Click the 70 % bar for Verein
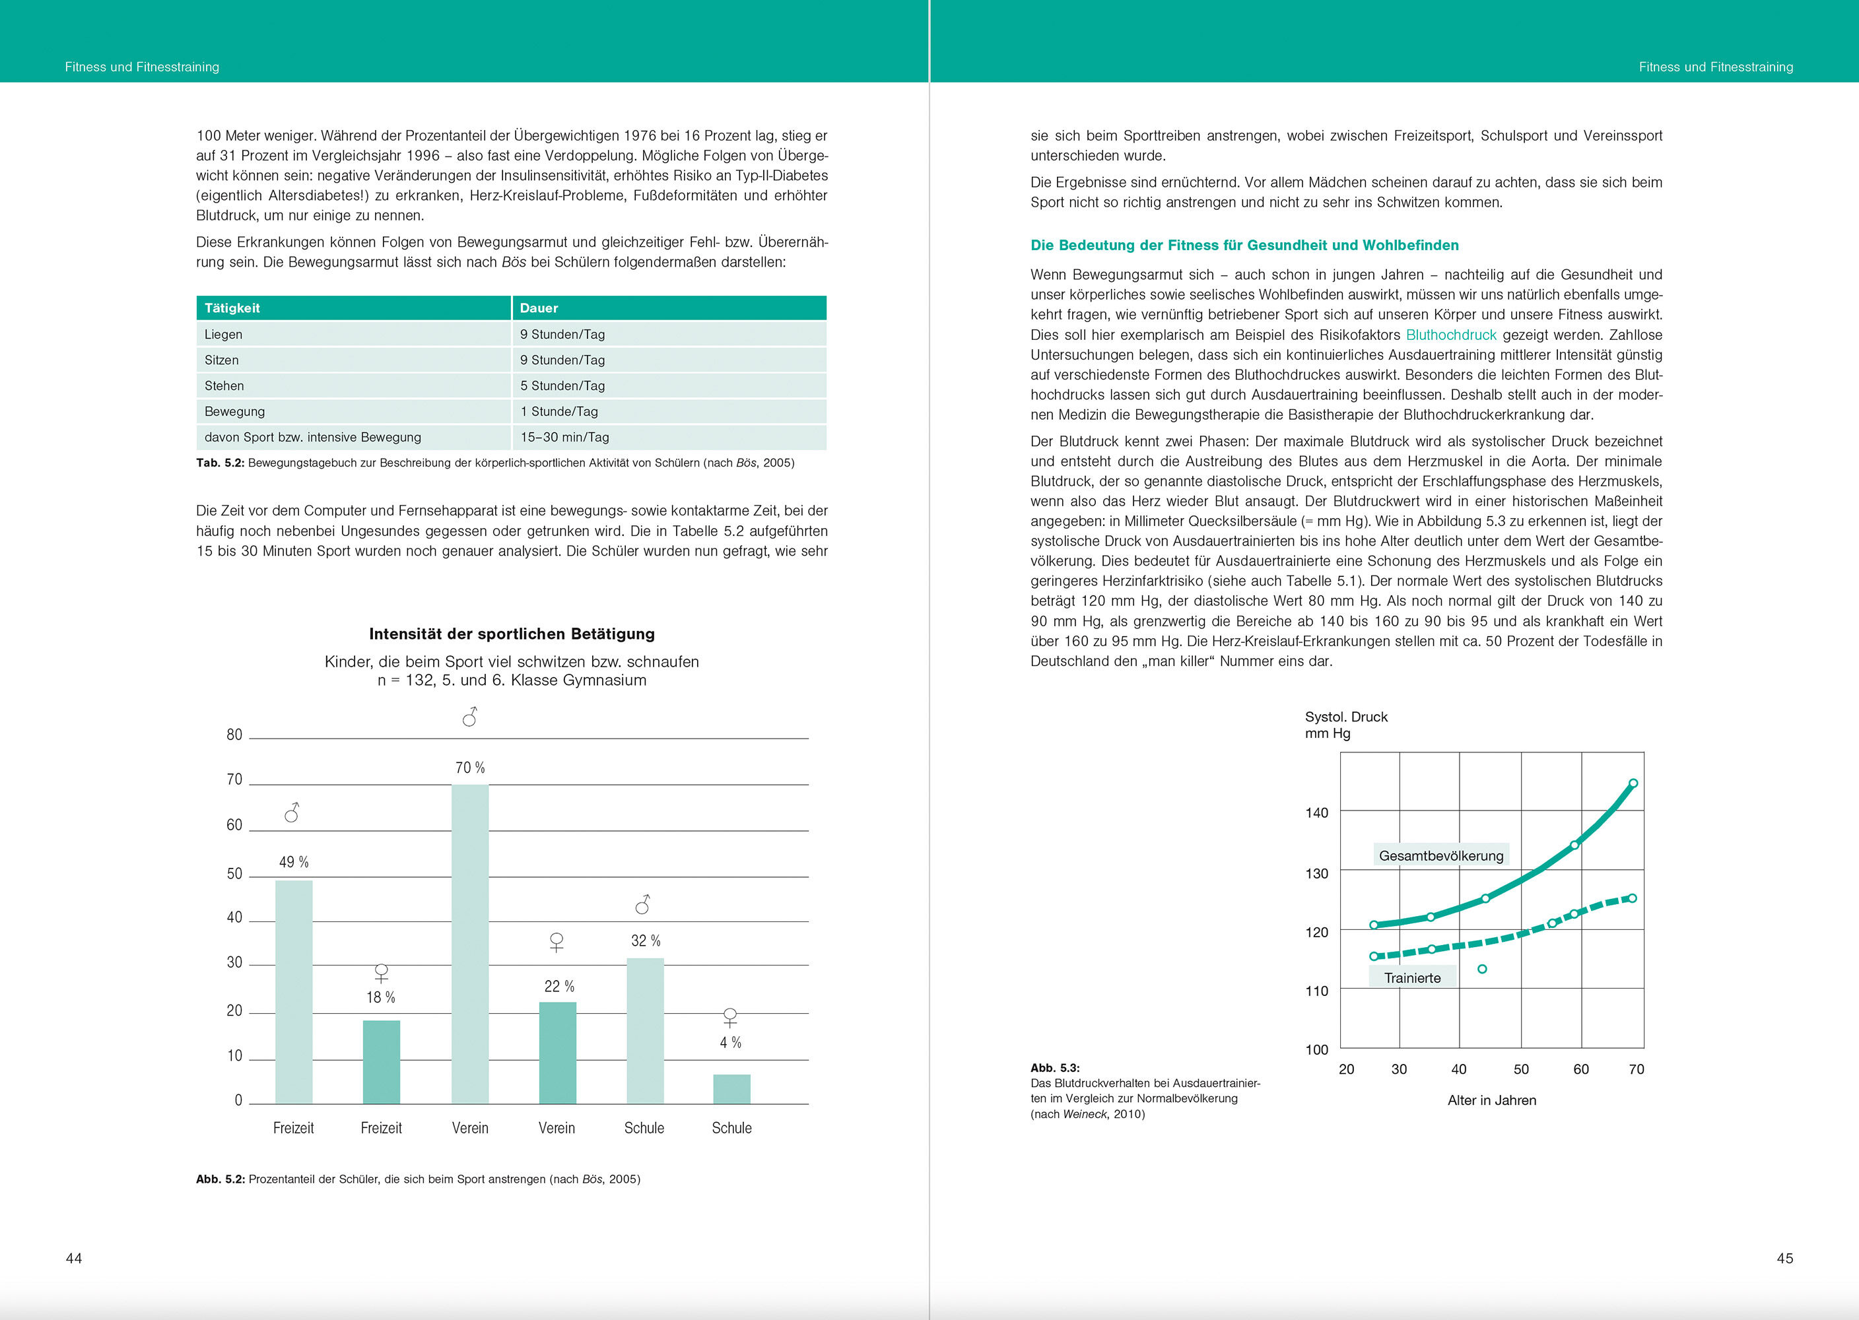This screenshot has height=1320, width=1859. coord(470,943)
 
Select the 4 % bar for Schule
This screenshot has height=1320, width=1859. coord(731,1088)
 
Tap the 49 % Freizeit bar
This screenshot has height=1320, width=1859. coord(294,991)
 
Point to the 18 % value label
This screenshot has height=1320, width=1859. coord(380,997)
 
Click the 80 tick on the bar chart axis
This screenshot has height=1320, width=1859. coord(234,735)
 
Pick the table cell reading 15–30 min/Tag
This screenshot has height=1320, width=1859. coord(565,438)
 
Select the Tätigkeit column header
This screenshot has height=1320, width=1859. coord(232,308)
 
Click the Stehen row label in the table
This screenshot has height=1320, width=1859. coord(224,386)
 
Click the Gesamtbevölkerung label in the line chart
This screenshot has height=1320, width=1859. coord(1441,856)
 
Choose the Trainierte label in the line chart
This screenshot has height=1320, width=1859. coord(1412,978)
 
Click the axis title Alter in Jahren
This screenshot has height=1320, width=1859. coord(1491,1100)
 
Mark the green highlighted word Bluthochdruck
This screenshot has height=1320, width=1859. coord(1451,335)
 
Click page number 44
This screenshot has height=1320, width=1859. coord(74,1258)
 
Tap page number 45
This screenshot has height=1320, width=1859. coord(1784,1258)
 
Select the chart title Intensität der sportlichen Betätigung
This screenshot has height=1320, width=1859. coord(512,634)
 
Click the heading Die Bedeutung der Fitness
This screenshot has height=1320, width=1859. coord(1244,246)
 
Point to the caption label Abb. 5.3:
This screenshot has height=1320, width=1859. coord(1055,1068)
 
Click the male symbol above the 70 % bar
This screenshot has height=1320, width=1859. coord(470,717)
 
